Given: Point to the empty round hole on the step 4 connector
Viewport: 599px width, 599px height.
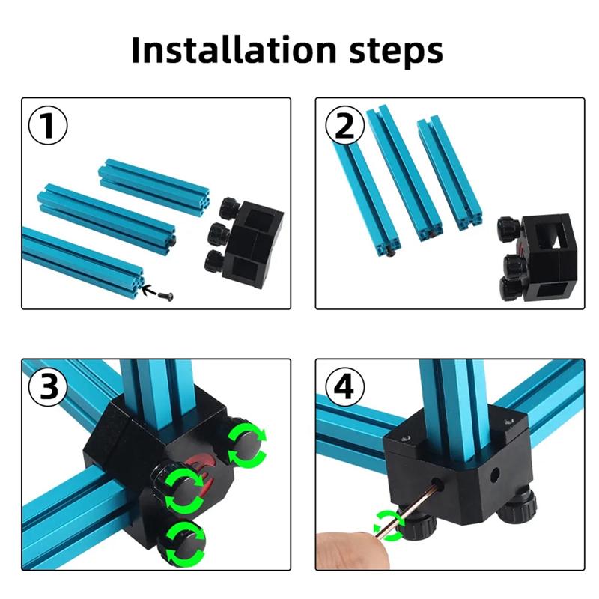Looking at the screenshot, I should tap(494, 475).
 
